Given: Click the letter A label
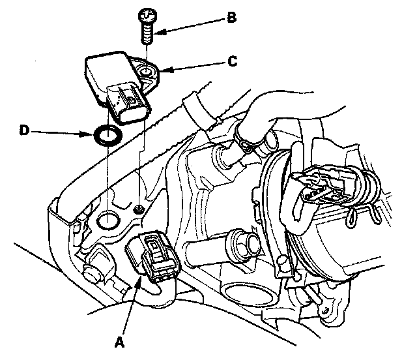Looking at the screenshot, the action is point(120,340).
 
